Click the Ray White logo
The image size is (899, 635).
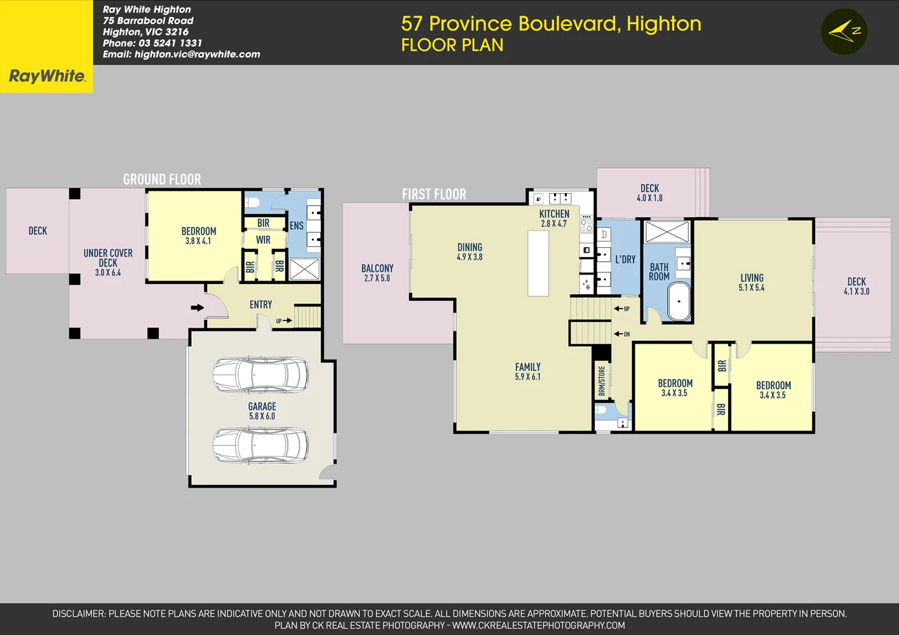point(46,76)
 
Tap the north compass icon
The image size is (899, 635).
point(844,31)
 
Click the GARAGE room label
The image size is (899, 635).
point(262,406)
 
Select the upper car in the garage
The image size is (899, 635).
point(260,375)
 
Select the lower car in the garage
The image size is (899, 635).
point(260,444)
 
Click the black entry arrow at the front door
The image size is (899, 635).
point(198,308)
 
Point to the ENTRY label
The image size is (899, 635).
point(260,305)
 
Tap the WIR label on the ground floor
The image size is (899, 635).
point(263,240)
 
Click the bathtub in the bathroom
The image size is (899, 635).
point(679,302)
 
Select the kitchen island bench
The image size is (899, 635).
point(538,264)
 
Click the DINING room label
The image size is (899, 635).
point(470,247)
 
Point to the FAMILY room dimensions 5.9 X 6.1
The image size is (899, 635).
point(527,377)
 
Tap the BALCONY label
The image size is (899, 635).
point(377,269)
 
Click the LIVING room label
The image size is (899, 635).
point(752,278)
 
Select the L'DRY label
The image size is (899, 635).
point(625,260)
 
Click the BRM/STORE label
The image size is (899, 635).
point(602,381)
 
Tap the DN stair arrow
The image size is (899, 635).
point(622,334)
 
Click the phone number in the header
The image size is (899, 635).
point(170,43)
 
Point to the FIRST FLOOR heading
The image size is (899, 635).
point(434,194)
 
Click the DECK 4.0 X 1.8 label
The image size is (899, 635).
point(649,193)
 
